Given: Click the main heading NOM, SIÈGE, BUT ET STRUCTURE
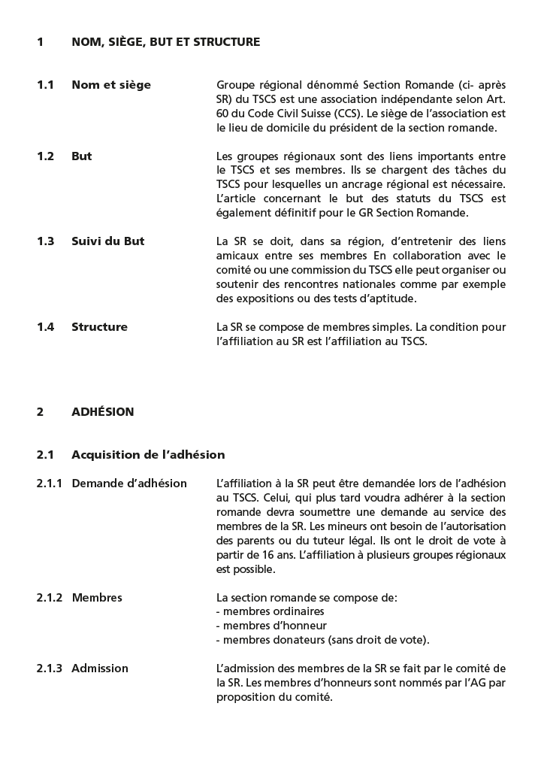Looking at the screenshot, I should (165, 42).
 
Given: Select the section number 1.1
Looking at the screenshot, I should (45, 85).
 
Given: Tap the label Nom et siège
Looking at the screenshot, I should (111, 85).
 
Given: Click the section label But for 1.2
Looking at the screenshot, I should (82, 156).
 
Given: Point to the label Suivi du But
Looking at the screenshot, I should (108, 241).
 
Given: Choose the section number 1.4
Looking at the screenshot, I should (45, 327).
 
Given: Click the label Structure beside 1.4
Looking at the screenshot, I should (99, 327).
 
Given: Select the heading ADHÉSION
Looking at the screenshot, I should (102, 412).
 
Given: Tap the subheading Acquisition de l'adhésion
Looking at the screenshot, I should (148, 455).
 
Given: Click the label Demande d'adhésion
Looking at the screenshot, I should (129, 484).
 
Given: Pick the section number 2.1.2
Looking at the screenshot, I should (50, 598).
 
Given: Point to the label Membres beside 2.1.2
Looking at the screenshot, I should (97, 598).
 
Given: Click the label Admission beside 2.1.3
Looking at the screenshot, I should (100, 668).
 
